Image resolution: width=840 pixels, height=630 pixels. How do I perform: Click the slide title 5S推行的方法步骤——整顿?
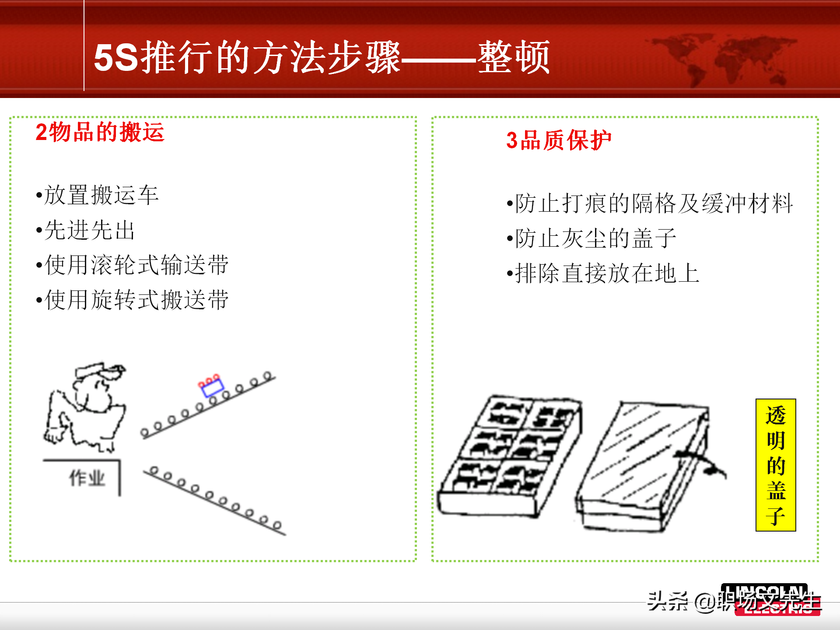click(322, 57)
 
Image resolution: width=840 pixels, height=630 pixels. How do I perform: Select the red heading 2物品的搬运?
click(100, 132)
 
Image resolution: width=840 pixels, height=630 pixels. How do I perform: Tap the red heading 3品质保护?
click(558, 141)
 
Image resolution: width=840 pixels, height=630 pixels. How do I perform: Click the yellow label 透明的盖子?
click(775, 465)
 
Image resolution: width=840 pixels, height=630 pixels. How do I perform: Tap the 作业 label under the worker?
click(87, 478)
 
